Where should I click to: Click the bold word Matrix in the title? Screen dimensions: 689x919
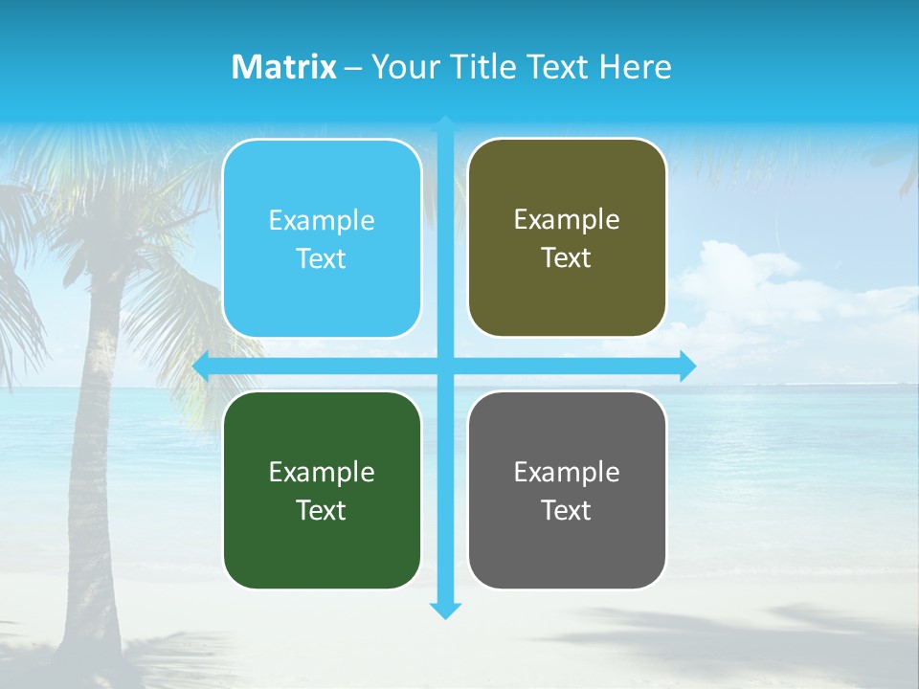pyautogui.click(x=284, y=67)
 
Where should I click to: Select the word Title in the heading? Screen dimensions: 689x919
pyautogui.click(x=484, y=67)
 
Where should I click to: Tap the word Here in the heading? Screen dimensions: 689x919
pyautogui.click(x=636, y=67)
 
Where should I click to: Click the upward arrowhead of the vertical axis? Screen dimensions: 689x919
pyautogui.click(x=445, y=122)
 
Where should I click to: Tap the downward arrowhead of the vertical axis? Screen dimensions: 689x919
pyautogui.click(x=445, y=610)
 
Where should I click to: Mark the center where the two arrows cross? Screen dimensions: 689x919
pyautogui.click(x=445, y=367)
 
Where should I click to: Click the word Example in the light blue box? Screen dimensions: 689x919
pyautogui.click(x=322, y=221)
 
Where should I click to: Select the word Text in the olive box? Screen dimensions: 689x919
pyautogui.click(x=567, y=258)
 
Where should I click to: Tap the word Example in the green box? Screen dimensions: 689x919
pyautogui.click(x=322, y=473)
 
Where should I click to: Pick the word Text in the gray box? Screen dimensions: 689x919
pyautogui.click(x=567, y=510)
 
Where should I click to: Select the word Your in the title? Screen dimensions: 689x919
pyautogui.click(x=400, y=67)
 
